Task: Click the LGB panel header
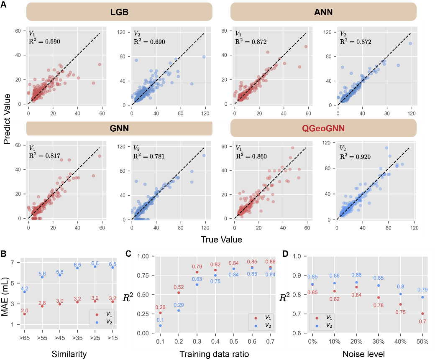(119, 12)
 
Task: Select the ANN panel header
(323, 12)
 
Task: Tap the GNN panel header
(119, 128)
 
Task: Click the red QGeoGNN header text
(323, 128)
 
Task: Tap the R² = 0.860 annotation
(251, 157)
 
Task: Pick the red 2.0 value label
(24, 311)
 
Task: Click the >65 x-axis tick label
(25, 337)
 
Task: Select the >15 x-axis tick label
(112, 337)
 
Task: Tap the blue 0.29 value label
(179, 305)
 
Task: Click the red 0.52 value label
(179, 287)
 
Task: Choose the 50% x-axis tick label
(422, 342)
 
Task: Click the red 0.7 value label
(422, 321)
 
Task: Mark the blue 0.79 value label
(422, 290)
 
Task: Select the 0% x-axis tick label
(312, 342)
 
